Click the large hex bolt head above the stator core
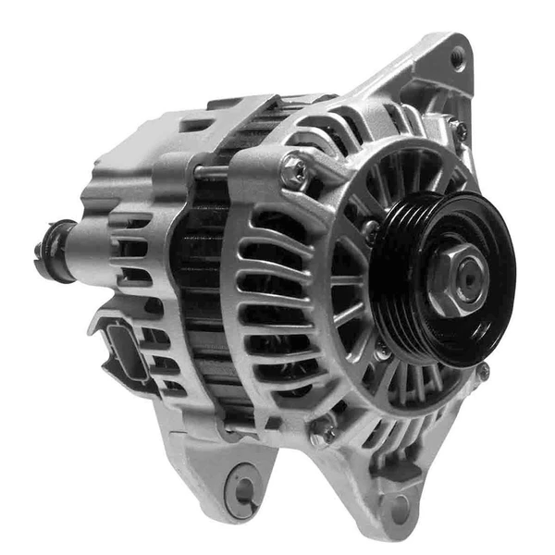click(294, 168)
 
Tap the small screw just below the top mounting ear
click(460, 131)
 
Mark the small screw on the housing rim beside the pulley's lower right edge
click(482, 372)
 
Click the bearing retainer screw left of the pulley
click(370, 225)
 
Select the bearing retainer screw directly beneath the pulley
click(381, 351)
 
